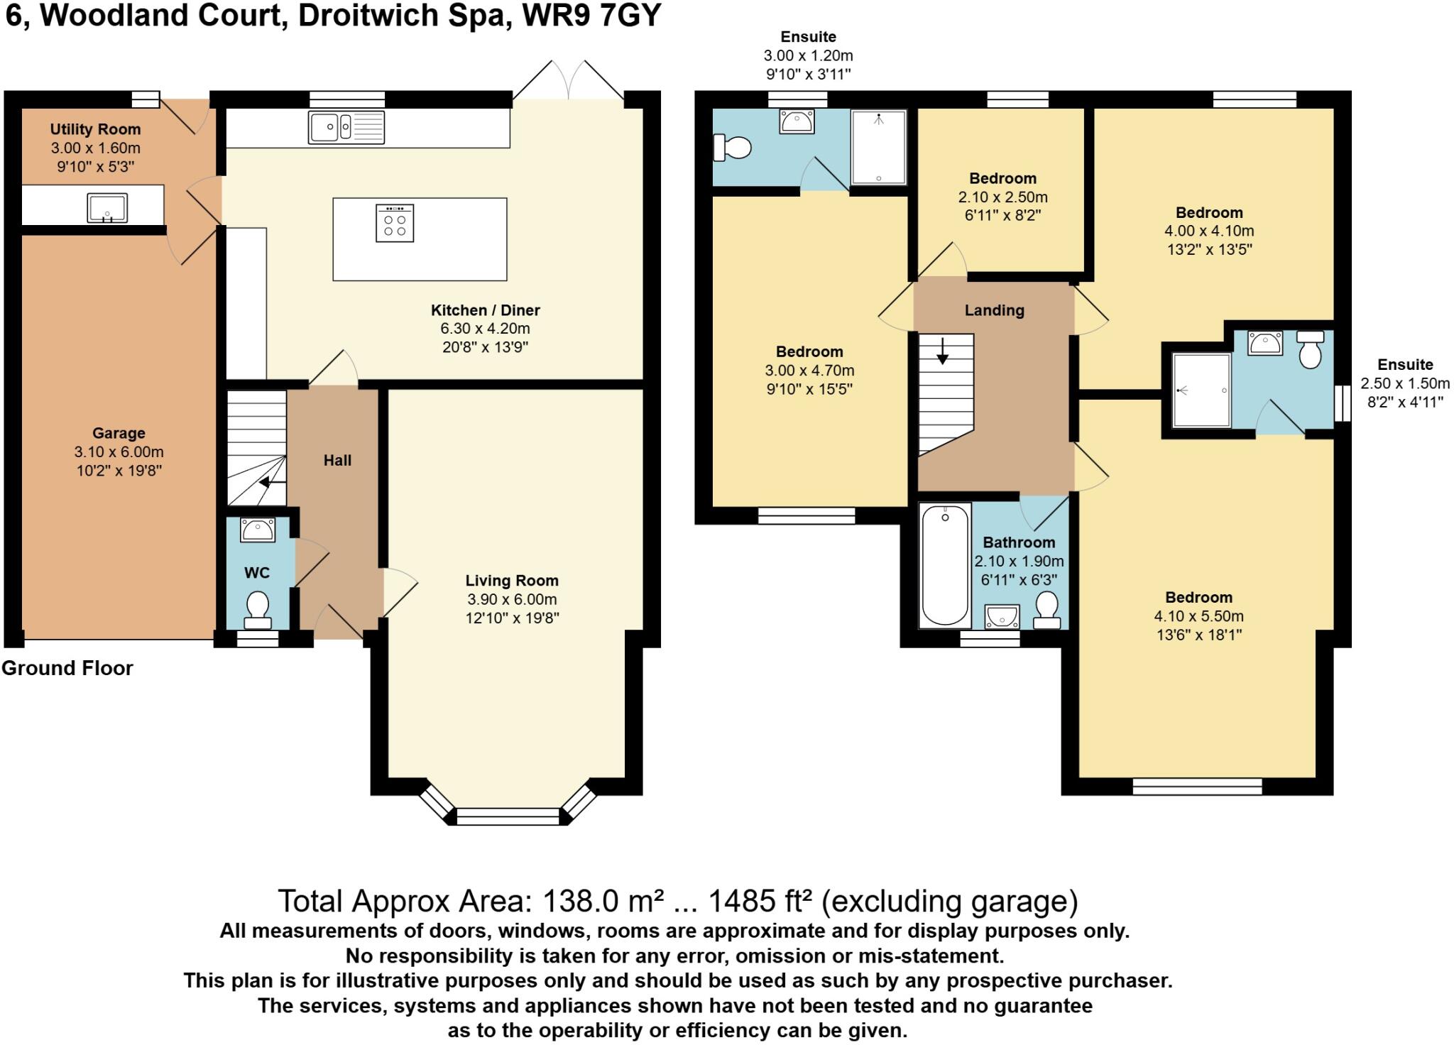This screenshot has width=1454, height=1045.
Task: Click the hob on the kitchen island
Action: [395, 224]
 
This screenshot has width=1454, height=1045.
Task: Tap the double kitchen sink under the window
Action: [346, 128]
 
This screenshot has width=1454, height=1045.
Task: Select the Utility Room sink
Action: [107, 207]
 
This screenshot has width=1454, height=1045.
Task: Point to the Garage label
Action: [119, 433]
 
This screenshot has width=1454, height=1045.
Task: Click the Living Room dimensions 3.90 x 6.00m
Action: [512, 599]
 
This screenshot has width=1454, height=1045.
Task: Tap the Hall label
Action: [337, 460]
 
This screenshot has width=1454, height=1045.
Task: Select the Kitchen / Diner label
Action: [485, 310]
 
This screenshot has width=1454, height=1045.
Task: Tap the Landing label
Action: [994, 310]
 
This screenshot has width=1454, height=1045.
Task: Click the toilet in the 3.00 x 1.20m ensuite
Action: [733, 148]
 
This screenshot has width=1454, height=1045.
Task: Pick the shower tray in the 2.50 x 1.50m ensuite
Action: [1201, 390]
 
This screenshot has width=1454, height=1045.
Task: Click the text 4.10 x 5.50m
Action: [1198, 616]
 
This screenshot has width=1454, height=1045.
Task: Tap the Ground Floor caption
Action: [67, 668]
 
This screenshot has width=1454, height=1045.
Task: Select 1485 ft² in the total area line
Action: [760, 902]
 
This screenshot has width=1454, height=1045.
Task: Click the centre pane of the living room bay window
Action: [508, 816]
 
